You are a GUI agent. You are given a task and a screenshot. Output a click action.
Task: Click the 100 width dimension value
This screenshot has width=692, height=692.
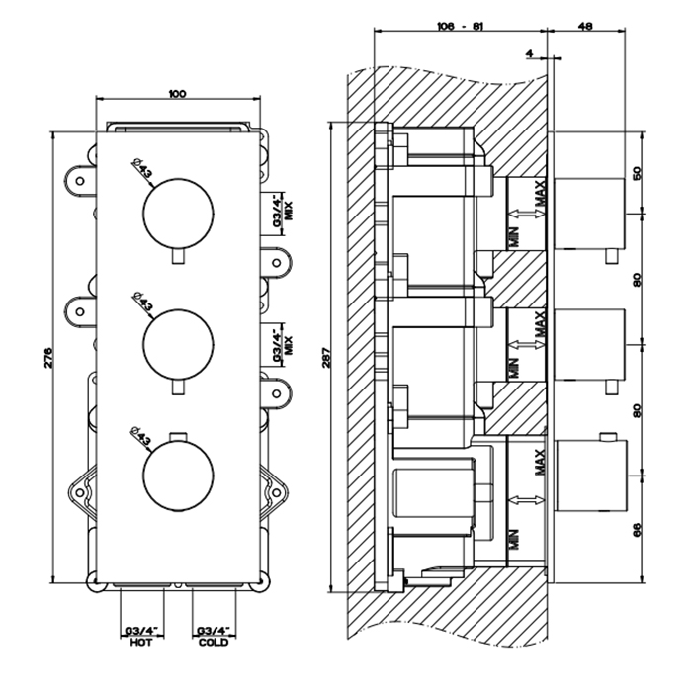click(177, 94)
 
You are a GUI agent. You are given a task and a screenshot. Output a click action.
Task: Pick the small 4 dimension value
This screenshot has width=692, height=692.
click(530, 52)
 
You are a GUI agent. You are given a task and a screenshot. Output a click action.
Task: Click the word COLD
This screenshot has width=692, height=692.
click(213, 642)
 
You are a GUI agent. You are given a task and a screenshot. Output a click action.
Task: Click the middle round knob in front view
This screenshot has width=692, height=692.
click(177, 341)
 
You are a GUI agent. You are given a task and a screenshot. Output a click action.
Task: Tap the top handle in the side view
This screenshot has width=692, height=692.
click(588, 212)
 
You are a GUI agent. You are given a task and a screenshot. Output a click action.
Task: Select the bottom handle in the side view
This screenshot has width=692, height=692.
click(588, 475)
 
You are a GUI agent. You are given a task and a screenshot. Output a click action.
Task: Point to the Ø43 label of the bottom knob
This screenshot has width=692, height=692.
click(142, 436)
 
